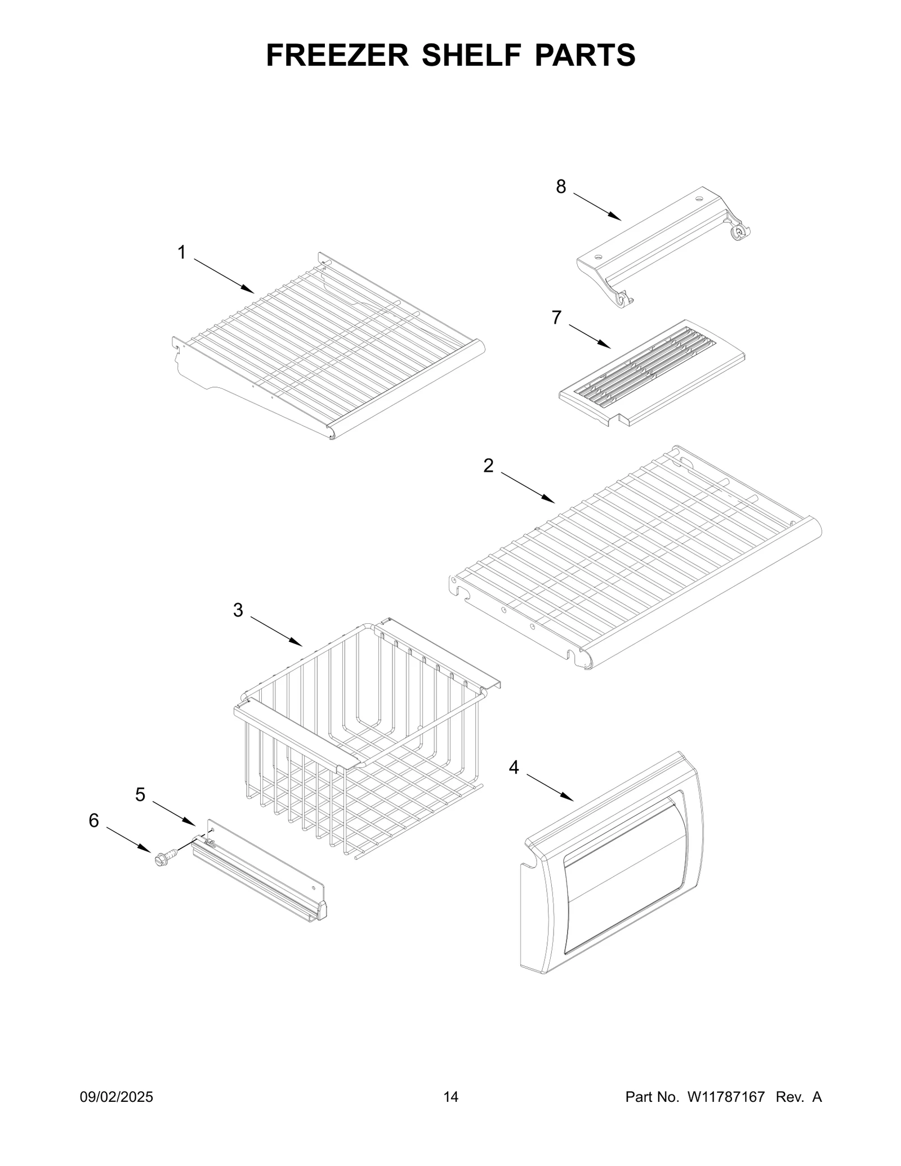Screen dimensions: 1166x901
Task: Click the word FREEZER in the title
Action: tap(337, 55)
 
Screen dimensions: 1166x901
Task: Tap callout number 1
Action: tap(181, 253)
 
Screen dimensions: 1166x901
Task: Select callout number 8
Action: tap(561, 187)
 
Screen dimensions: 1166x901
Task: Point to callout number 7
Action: tap(556, 318)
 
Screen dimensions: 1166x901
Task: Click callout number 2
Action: tap(488, 466)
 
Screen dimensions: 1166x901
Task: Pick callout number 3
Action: tap(238, 610)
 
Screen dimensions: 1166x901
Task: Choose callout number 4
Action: tap(514, 767)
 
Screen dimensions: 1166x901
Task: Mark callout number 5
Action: tap(140, 795)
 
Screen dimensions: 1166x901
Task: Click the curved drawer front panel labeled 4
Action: tap(614, 867)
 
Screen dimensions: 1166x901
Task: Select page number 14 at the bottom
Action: tap(450, 1097)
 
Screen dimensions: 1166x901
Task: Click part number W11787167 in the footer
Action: tap(725, 1097)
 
